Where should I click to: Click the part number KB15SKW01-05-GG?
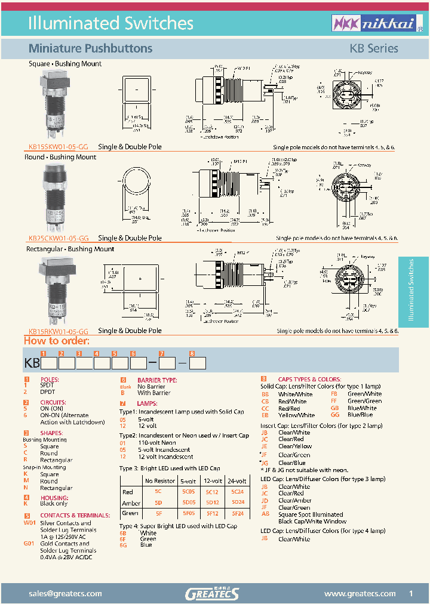click(x=58, y=147)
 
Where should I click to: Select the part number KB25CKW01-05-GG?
click(x=59, y=238)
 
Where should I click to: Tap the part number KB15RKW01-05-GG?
click(x=59, y=331)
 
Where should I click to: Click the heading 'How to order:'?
click(x=56, y=341)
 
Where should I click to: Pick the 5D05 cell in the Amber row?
click(x=188, y=503)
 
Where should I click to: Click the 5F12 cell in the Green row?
click(x=212, y=513)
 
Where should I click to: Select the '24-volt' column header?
click(x=236, y=481)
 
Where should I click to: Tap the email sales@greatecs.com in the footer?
click(x=65, y=593)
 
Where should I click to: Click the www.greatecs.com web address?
click(x=360, y=593)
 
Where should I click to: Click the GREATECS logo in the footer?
click(x=212, y=593)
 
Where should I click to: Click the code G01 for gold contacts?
click(x=29, y=544)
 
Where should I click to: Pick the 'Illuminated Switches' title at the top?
click(x=111, y=23)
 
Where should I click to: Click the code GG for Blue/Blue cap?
click(x=334, y=415)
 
